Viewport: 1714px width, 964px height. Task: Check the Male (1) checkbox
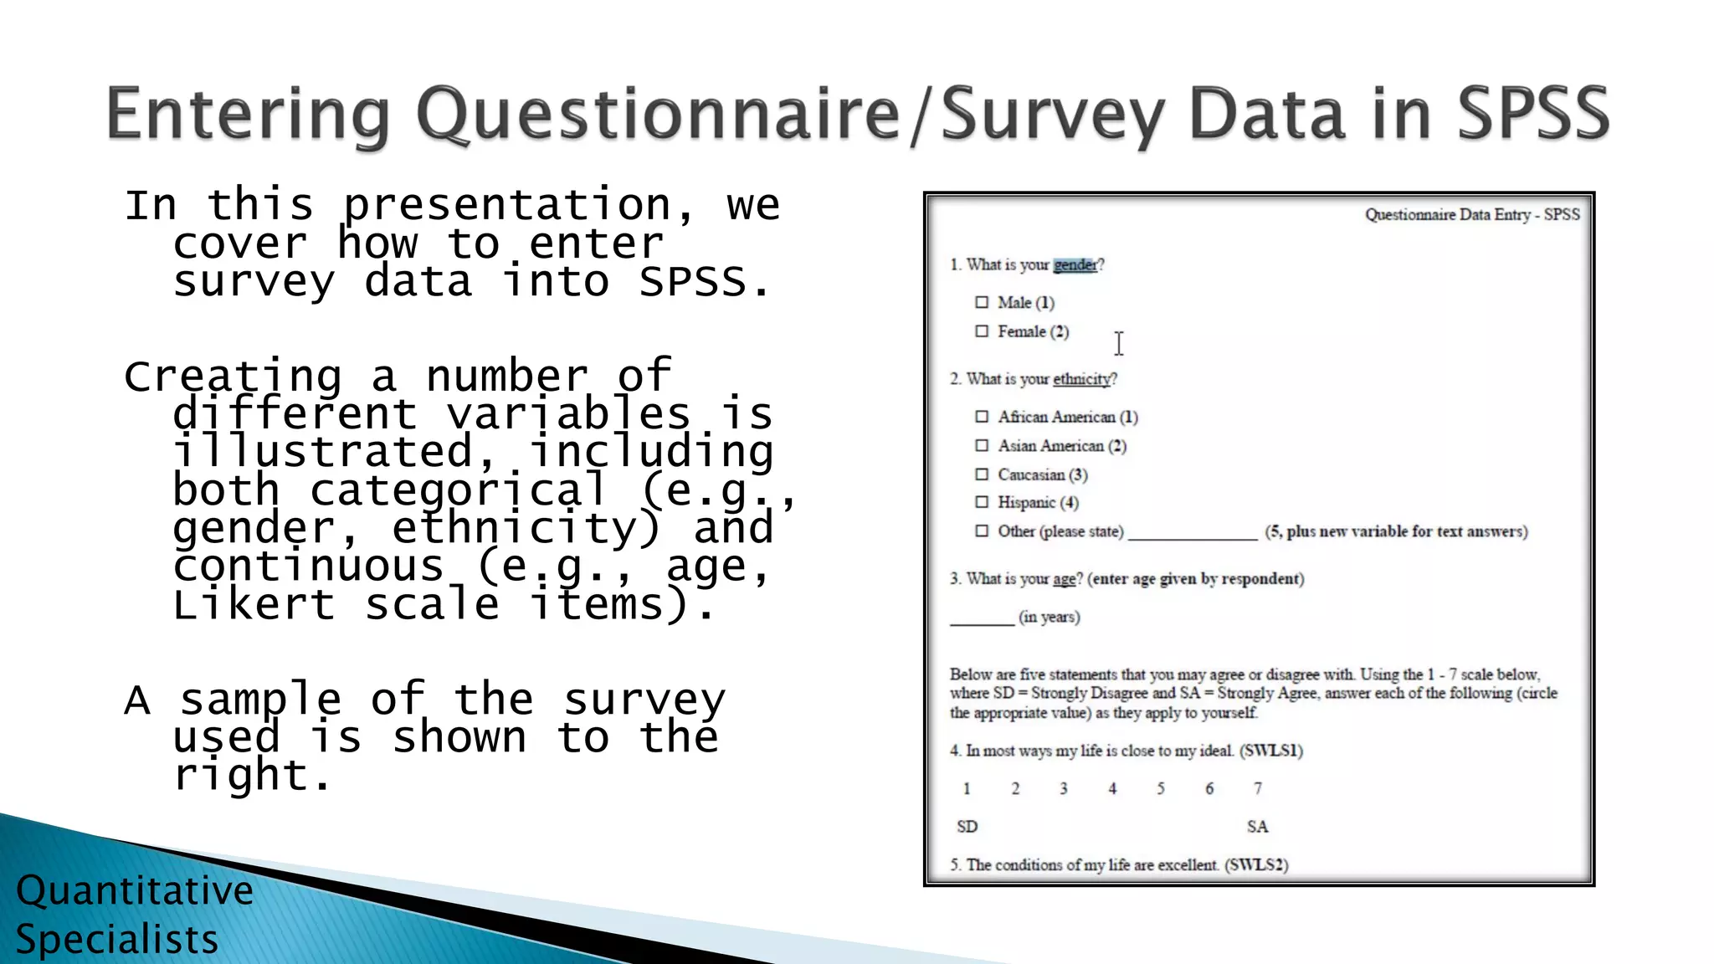(982, 302)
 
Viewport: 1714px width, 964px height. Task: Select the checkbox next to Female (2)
(982, 331)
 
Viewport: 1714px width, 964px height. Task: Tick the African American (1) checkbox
(982, 417)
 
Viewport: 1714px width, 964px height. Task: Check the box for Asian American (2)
(982, 446)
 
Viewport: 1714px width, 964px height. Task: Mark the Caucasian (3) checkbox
(982, 474)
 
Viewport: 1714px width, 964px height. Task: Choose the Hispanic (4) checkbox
(982, 502)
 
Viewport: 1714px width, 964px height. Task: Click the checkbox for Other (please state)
(982, 531)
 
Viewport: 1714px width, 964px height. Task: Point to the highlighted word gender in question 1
(1075, 265)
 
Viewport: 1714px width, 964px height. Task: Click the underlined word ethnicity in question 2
(1081, 379)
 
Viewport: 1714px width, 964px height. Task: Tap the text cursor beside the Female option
(1119, 343)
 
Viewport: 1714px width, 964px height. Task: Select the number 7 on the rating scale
(1257, 788)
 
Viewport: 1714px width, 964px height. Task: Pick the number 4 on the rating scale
(1112, 788)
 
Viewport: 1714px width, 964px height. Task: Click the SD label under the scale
(967, 827)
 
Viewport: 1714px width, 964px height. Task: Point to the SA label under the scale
(1257, 827)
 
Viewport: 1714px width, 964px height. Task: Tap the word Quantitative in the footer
(135, 890)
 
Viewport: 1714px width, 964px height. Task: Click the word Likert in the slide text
(254, 604)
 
